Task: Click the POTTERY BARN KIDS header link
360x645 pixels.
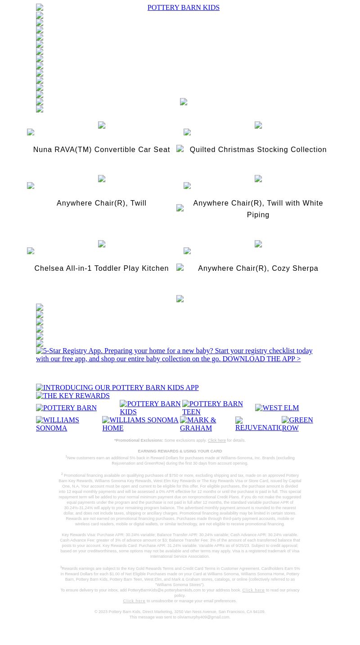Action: point(183,8)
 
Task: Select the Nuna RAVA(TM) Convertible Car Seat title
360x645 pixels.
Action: point(101,150)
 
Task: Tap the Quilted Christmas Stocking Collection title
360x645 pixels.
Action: point(258,150)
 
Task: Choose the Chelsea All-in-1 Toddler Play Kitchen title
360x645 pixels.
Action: point(101,269)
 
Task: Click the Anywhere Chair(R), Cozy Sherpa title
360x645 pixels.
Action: point(258,269)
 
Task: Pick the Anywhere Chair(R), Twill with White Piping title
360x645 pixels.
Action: point(258,209)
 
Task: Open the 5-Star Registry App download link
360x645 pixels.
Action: point(174,355)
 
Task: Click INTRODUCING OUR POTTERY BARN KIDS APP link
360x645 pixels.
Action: point(117,388)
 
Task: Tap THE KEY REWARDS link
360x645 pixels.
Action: point(73,396)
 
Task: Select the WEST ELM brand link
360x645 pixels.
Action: point(277,408)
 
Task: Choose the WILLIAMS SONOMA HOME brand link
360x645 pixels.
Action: point(140,424)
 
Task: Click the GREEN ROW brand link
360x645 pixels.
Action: point(297,424)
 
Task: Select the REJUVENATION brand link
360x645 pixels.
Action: point(258,424)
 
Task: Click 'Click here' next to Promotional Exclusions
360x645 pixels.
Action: point(216,441)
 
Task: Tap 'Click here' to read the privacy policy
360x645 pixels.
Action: point(253,590)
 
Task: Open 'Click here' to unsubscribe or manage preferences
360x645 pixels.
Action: point(134,601)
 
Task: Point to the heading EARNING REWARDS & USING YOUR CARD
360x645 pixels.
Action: point(180,451)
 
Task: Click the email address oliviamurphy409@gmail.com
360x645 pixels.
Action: point(203,618)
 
